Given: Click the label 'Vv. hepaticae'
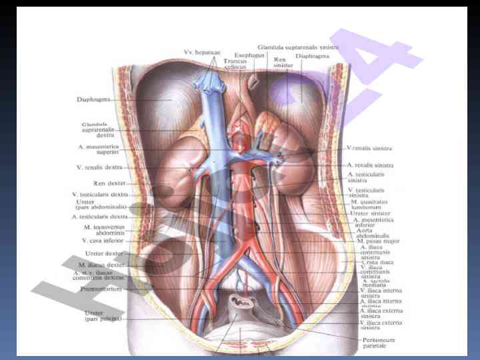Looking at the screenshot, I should (205, 52).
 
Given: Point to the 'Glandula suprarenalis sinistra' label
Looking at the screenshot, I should (303, 48).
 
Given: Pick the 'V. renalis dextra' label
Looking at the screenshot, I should (99, 167).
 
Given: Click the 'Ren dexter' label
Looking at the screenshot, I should (107, 182).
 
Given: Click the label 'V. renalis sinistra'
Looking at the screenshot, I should (369, 147).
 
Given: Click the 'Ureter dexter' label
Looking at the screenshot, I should (105, 253).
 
